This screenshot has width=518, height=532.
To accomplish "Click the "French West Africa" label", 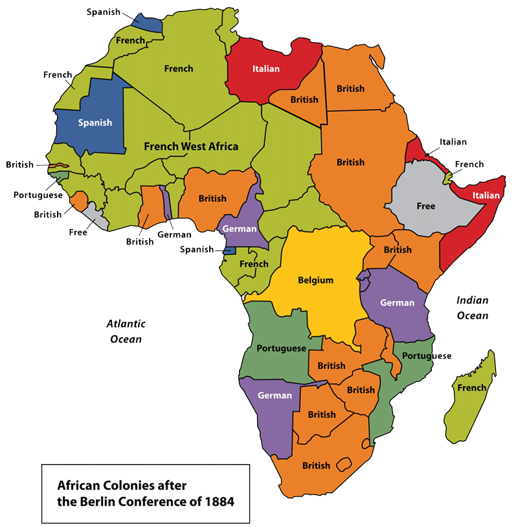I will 190,146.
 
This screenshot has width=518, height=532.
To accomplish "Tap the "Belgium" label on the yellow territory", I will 315,280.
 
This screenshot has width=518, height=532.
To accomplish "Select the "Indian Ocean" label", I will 472,308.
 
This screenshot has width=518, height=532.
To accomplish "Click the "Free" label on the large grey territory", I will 425,206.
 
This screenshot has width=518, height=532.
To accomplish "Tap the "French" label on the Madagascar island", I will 471,388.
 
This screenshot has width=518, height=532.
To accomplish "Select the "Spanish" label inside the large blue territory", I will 95,122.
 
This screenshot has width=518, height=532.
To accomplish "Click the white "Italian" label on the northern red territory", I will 265,69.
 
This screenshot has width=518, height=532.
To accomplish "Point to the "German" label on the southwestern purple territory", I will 275,395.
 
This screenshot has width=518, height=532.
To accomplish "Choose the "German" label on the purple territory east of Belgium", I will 397,302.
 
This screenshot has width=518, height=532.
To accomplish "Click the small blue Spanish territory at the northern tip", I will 146,21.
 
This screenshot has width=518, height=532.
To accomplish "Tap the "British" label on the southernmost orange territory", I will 316,465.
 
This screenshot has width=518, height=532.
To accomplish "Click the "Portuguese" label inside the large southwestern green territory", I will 281,348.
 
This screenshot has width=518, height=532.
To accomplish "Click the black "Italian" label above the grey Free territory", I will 453,142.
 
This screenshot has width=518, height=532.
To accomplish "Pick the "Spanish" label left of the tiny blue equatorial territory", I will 197,249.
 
